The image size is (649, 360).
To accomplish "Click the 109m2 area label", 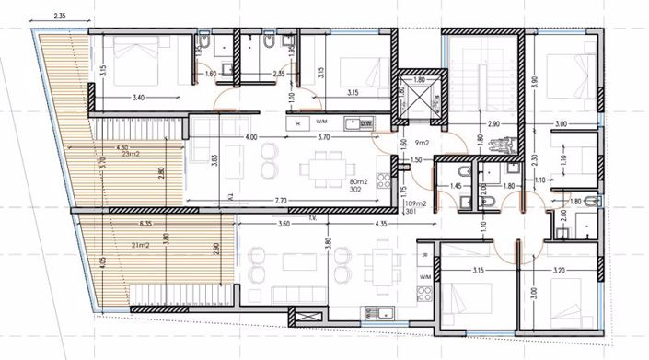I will (x=418, y=203).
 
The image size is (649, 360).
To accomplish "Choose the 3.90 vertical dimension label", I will (x=534, y=85).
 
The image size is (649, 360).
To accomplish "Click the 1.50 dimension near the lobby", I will (x=416, y=159).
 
